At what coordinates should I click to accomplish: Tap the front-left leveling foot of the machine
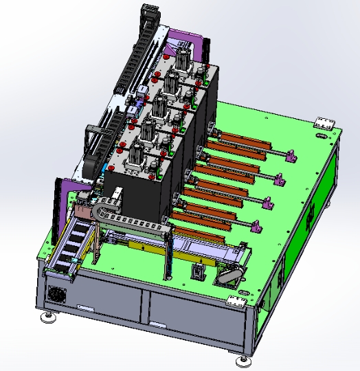(x=49, y=317)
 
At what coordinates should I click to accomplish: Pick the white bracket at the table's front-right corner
(x=238, y=300)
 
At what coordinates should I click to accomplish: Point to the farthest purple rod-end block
(x=291, y=156)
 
